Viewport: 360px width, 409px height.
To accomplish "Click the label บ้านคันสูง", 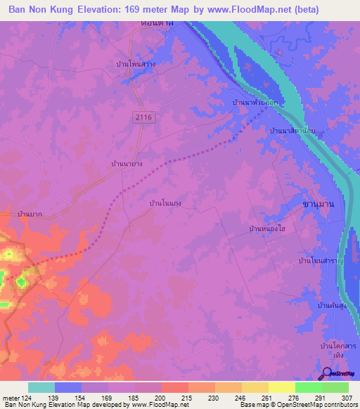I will pos(333,306).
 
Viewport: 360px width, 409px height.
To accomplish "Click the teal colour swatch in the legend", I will pos(41,387).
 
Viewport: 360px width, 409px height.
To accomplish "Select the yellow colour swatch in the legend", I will pos(281,387).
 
